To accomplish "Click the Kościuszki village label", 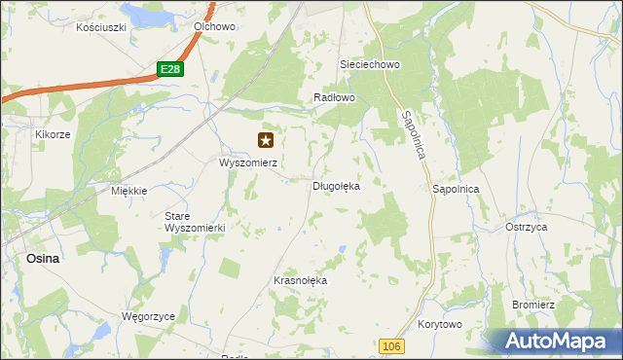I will [x=101, y=27].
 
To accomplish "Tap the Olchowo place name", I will [x=215, y=27].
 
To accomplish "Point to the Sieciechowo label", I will [x=370, y=64].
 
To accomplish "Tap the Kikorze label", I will [x=53, y=134].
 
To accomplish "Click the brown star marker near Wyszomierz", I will [x=265, y=141].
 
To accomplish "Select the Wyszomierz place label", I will [x=248, y=163].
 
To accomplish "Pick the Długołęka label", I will [x=336, y=185].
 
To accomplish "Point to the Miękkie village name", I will [x=128, y=191].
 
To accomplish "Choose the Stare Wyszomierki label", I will [x=195, y=221].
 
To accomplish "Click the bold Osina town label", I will [x=42, y=259].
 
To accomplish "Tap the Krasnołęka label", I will [x=301, y=280].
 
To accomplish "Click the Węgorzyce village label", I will [x=147, y=317].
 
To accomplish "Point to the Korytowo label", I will [x=439, y=324].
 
